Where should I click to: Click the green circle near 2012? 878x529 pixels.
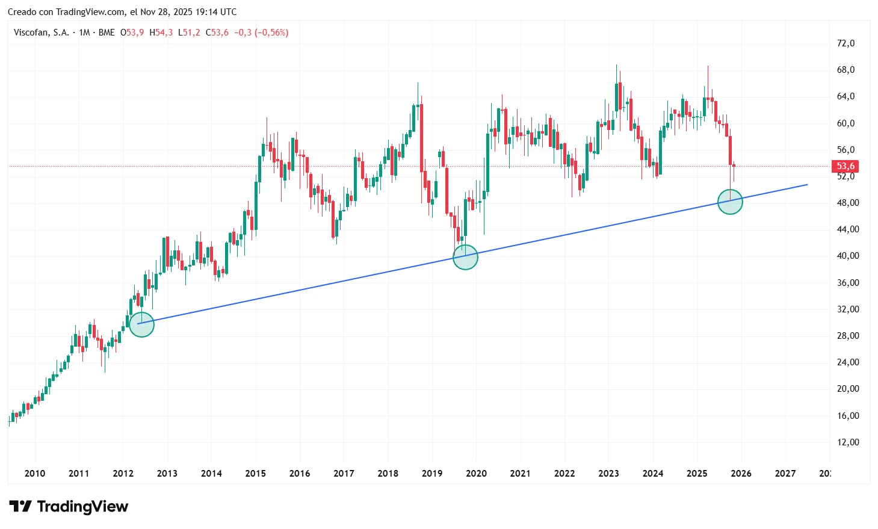142,324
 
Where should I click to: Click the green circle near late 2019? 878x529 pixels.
465,257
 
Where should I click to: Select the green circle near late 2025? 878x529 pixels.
731,202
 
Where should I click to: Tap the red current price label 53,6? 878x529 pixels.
845,166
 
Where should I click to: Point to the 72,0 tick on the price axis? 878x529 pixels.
846,43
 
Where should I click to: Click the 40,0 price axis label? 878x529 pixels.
847,256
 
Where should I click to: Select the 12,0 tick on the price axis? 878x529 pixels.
847,442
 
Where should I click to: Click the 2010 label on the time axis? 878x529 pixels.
35,474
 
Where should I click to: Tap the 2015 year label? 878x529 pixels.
255,474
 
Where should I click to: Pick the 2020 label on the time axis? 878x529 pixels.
476,474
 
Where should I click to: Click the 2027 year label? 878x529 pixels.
785,474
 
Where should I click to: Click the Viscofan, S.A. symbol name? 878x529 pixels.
42,32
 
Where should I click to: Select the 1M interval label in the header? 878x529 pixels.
84,32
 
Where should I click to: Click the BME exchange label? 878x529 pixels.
107,32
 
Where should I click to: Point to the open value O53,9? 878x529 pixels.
132,32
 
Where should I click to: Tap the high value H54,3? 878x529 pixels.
161,32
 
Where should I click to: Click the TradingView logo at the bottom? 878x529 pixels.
69,507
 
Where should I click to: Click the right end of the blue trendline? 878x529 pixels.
807,185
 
